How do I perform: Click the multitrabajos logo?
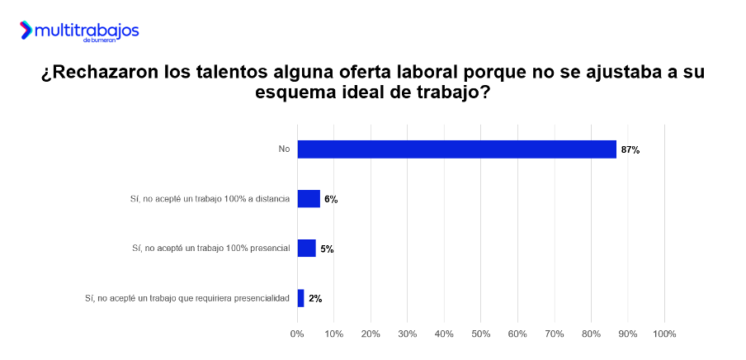pyautogui.click(x=79, y=31)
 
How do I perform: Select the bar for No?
pyautogui.click(x=456, y=149)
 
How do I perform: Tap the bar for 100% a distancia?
pyautogui.click(x=309, y=199)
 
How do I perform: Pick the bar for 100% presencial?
pyautogui.click(x=306, y=249)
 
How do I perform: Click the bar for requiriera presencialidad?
pyautogui.click(x=300, y=298)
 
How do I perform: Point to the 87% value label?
pyautogui.click(x=630, y=150)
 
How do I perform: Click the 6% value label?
pyautogui.click(x=331, y=200)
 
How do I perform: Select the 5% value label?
pyautogui.click(x=327, y=249)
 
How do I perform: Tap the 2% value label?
pyautogui.click(x=315, y=299)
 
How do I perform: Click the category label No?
pyautogui.click(x=284, y=149)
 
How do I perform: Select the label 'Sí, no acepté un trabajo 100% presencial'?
pyautogui.click(x=211, y=249)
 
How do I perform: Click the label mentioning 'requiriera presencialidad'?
pyautogui.click(x=187, y=298)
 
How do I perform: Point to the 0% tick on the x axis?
pyautogui.click(x=297, y=334)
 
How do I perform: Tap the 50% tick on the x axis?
pyautogui.click(x=480, y=334)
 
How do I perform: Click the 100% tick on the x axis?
pyautogui.click(x=664, y=334)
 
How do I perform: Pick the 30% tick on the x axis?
pyautogui.click(x=407, y=334)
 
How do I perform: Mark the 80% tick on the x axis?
pyautogui.click(x=591, y=334)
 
